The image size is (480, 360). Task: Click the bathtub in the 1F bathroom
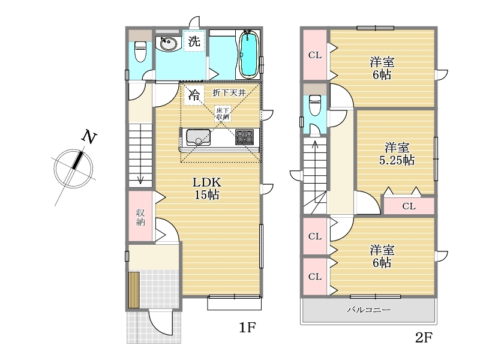tap(248, 55)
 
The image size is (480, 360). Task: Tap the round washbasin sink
tap(168, 43)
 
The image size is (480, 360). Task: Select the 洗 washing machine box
tap(194, 41)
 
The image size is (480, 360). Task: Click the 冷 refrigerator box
tap(194, 94)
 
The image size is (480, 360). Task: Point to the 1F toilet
tap(140, 51)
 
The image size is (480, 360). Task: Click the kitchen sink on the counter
tap(199, 137)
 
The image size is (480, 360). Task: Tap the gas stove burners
tap(244, 137)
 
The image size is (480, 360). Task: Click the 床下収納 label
tap(223, 113)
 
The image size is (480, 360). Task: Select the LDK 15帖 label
tap(206, 188)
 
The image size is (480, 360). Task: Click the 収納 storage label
tap(140, 217)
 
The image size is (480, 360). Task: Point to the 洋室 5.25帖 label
tap(397, 154)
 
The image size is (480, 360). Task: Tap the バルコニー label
tap(368, 310)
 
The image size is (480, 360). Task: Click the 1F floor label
tap(247, 328)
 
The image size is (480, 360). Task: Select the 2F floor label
tap(424, 338)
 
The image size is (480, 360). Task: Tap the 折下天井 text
tap(229, 92)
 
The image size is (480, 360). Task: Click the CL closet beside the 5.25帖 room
tap(409, 206)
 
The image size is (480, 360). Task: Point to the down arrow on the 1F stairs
tap(140, 178)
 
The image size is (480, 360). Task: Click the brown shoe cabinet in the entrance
tap(134, 290)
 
